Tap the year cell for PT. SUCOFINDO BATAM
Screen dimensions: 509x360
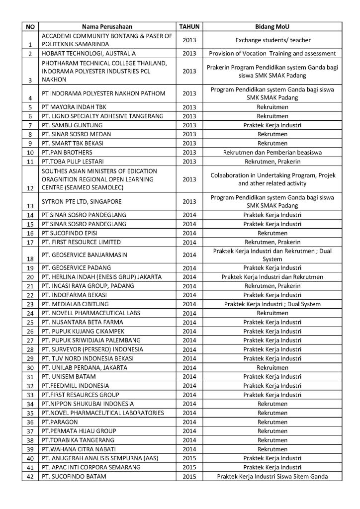click(189, 477)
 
